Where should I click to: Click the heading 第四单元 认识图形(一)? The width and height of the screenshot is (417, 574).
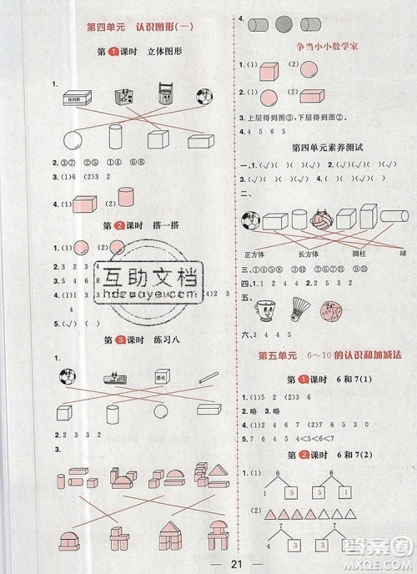(x=138, y=28)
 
